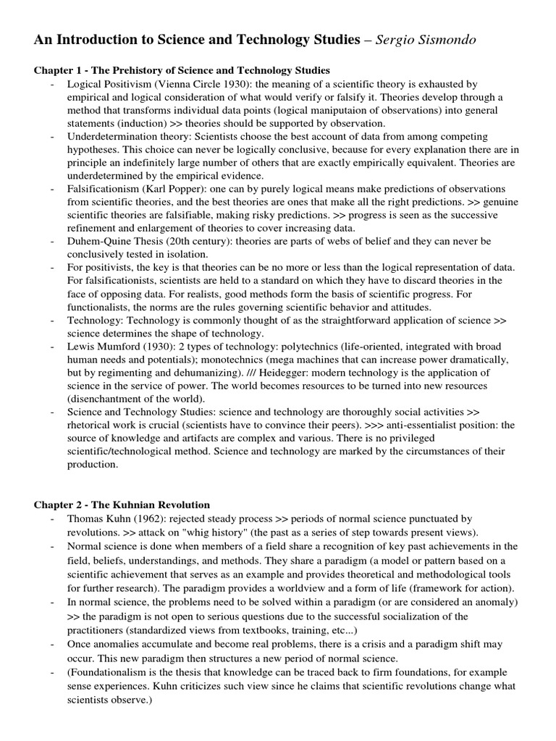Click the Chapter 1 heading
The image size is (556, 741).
pos(182,70)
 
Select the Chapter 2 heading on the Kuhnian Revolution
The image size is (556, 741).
pos(122,504)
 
